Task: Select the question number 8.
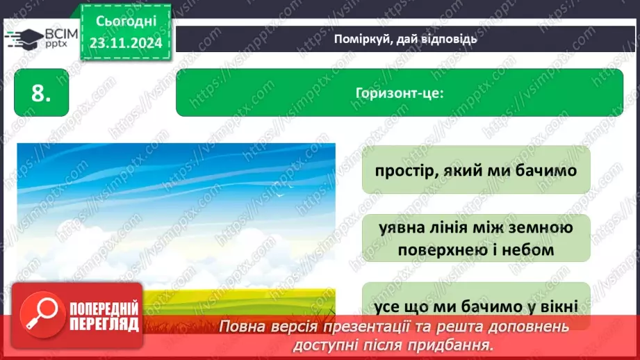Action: [x=42, y=93]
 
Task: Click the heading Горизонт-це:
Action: [x=399, y=92]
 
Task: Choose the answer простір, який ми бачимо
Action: [x=476, y=170]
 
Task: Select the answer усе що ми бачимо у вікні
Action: [x=476, y=306]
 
